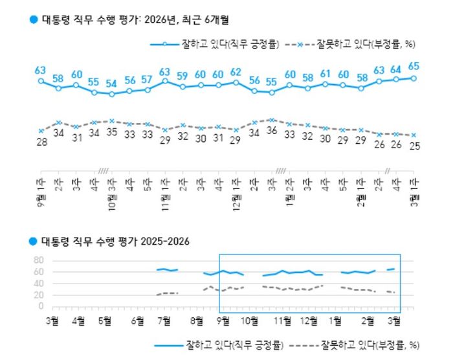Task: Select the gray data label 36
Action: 272,130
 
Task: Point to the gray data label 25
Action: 413,146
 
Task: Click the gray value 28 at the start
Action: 41,141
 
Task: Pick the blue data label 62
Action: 236,71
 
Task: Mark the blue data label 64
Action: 395,69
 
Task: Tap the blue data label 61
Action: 326,73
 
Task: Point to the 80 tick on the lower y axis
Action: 38,260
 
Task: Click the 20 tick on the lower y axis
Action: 38,295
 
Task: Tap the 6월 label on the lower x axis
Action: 137,320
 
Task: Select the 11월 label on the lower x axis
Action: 282,320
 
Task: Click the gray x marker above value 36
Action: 272,120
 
